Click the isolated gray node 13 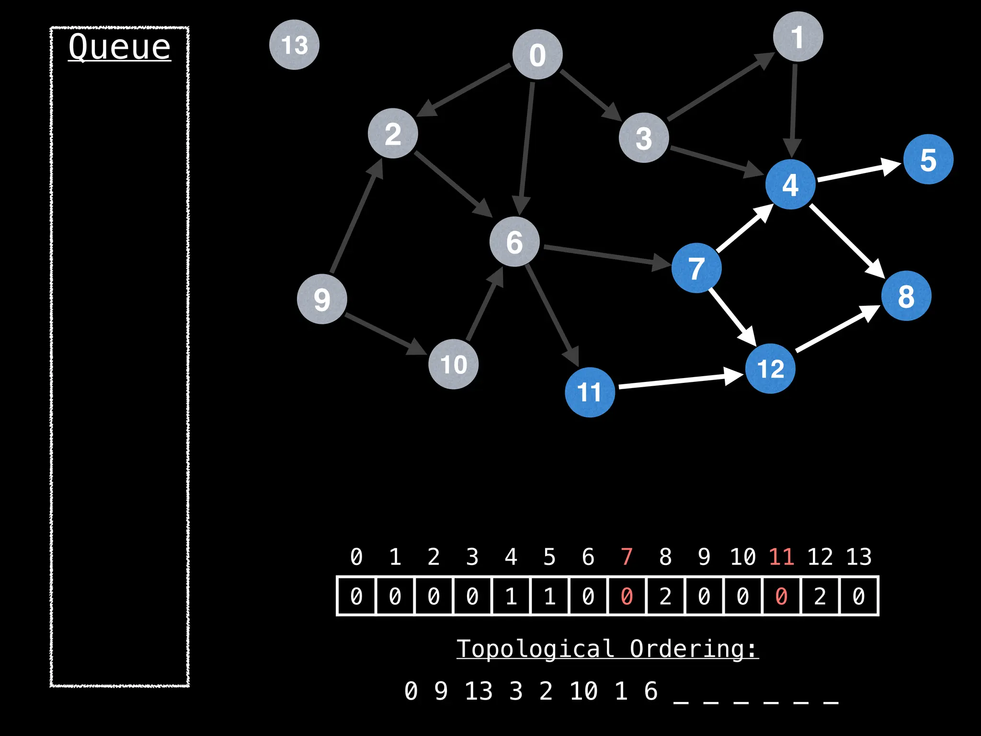click(x=294, y=45)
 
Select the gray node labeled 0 click(x=537, y=54)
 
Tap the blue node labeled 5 click(x=928, y=159)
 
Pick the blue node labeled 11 click(x=590, y=392)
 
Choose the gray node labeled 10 click(x=453, y=364)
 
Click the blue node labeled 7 click(x=696, y=268)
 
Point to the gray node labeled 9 click(x=322, y=299)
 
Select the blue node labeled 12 click(x=770, y=368)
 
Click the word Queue click(x=119, y=47)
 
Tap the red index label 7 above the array click(x=627, y=557)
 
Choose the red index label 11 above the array click(x=781, y=557)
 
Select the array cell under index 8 click(x=665, y=596)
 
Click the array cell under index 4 click(x=511, y=596)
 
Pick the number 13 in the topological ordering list click(x=479, y=691)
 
